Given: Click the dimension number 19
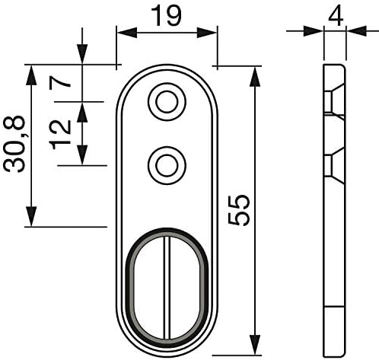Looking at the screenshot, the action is click(166, 16).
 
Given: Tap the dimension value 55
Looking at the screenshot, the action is click(239, 210).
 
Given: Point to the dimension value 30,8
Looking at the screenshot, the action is click(14, 144).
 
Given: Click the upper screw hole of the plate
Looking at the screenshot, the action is click(167, 102).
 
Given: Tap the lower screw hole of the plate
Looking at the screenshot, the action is click(167, 165).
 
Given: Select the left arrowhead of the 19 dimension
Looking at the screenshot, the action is click(127, 33).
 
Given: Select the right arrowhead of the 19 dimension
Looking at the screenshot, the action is click(206, 33).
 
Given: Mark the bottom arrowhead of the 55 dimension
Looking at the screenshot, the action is click(255, 345).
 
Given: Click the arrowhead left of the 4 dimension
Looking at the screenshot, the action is click(314, 31).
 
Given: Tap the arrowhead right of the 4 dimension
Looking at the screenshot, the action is click(357, 31).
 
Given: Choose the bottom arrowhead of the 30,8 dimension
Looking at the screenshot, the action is click(31, 216).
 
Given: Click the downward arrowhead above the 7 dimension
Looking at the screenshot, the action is click(82, 54).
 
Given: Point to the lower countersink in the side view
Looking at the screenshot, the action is click(334, 165).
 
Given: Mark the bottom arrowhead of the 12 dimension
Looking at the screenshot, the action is click(82, 155).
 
